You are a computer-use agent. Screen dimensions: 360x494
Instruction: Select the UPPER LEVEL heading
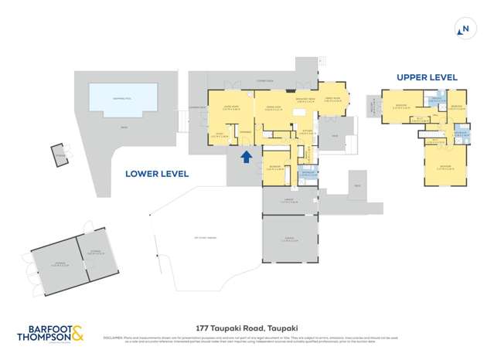click(x=427, y=77)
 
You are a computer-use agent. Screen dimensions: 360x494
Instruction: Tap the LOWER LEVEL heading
click(x=157, y=175)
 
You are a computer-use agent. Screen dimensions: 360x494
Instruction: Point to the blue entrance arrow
click(x=246, y=158)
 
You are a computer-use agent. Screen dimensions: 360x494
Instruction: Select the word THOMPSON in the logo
click(x=45, y=337)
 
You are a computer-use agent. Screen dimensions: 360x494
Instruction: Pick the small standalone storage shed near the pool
click(x=60, y=154)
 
